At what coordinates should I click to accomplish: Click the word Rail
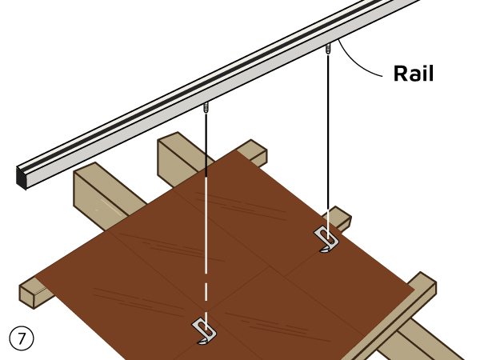click(x=413, y=74)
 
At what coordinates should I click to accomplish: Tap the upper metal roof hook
click(x=328, y=238)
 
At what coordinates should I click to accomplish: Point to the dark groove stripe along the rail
click(x=200, y=88)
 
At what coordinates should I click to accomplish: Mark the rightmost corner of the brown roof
click(x=412, y=291)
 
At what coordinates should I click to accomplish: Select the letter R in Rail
click(x=400, y=74)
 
